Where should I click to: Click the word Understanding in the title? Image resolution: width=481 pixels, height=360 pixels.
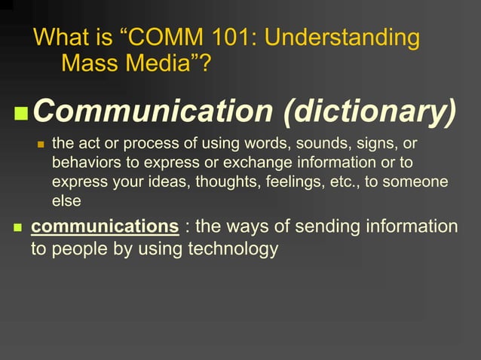coord(345,38)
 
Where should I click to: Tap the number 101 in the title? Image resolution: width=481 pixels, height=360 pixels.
coord(225,38)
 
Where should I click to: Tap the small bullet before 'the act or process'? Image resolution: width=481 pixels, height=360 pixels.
coord(41,144)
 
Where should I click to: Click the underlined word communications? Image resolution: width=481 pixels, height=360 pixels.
coord(104,227)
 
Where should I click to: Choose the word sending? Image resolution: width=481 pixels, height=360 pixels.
coord(329,227)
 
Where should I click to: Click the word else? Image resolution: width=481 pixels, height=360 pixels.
coord(66,201)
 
